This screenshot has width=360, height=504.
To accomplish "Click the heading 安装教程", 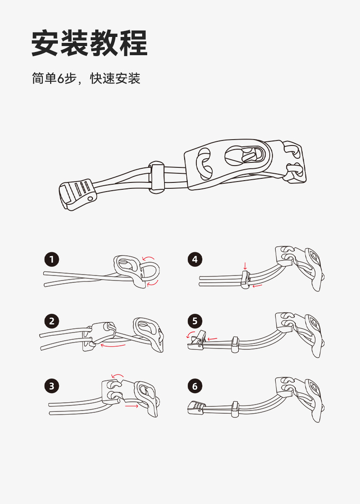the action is [x=89, y=43].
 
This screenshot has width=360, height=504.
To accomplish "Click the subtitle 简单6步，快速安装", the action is [x=86, y=78].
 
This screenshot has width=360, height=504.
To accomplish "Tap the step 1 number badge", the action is [x=52, y=260].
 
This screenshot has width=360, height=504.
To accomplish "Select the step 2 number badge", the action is [x=52, y=321].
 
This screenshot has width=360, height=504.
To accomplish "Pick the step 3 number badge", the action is [x=52, y=386].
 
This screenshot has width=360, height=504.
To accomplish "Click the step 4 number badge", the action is [x=195, y=260].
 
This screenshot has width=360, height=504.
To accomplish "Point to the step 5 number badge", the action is [x=195, y=321].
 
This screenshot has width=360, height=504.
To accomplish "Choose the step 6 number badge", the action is [x=195, y=386].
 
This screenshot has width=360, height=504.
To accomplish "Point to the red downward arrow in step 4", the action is [x=245, y=266].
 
